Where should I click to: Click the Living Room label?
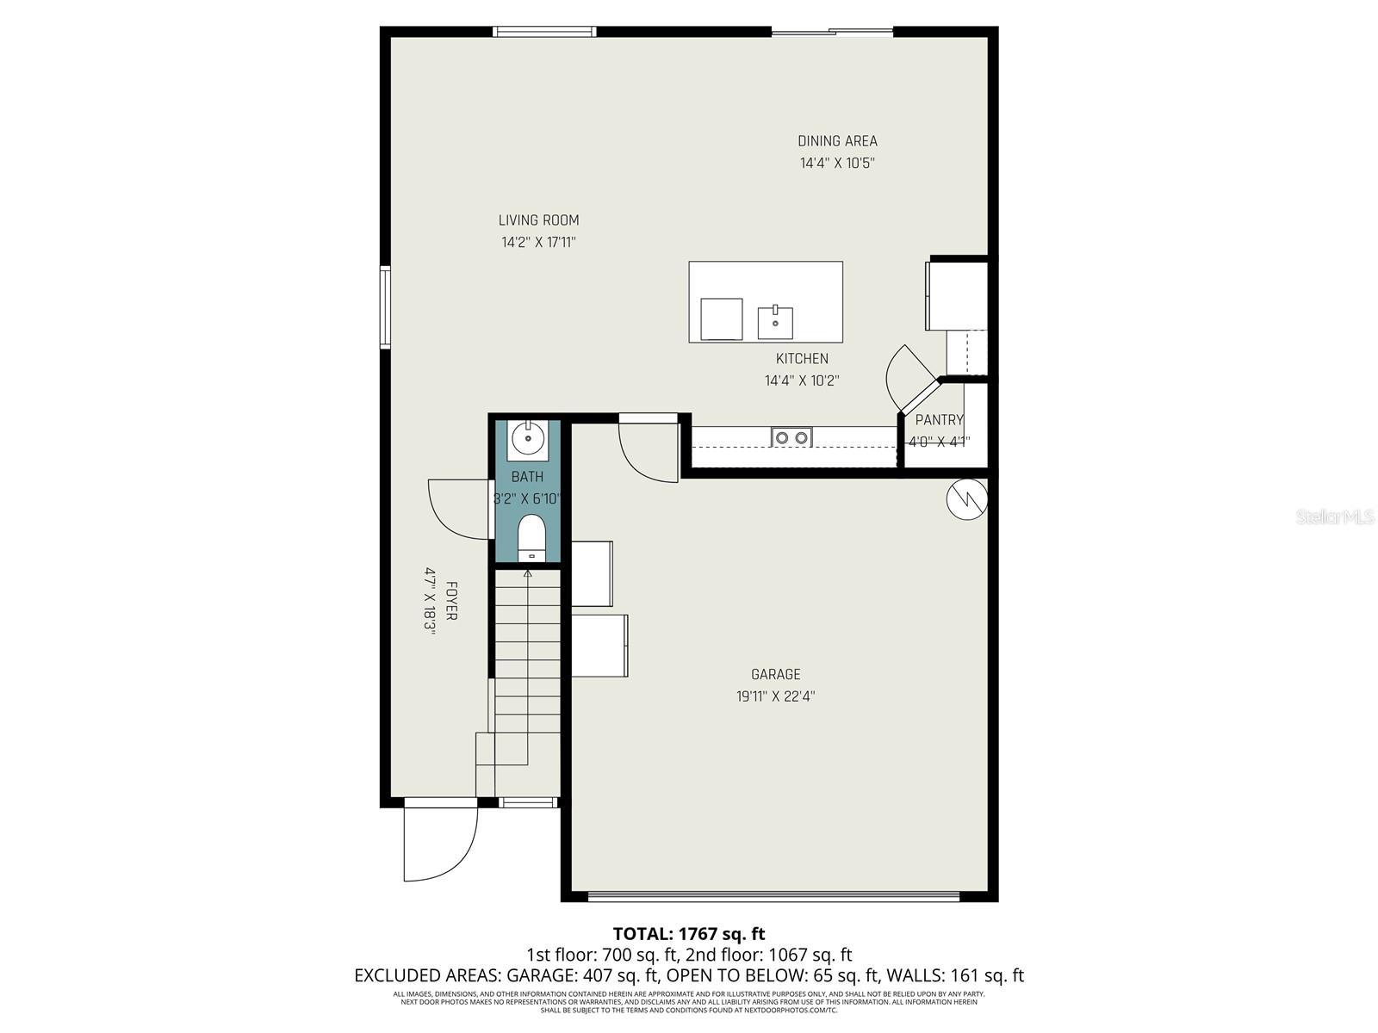coord(538,220)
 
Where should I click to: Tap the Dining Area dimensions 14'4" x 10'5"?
coord(837,163)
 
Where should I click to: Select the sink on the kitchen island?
coord(775,323)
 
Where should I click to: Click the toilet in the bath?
coord(531,538)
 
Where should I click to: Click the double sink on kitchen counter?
coord(791,437)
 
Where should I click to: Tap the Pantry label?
coord(939,420)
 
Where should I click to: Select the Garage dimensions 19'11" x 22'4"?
coord(775,696)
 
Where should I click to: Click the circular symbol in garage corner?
coord(966,499)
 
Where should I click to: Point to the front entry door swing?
coord(439,844)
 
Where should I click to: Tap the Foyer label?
coord(450,601)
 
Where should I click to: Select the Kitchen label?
coord(802,359)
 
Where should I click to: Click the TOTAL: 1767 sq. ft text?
coord(688,933)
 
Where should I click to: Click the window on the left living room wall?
coord(385,306)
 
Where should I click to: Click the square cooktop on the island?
coord(722,319)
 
